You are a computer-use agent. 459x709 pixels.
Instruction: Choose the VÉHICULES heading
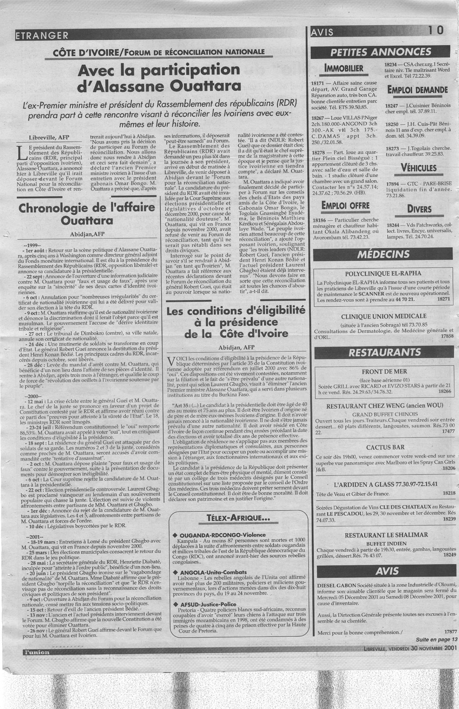(x=418, y=168)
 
